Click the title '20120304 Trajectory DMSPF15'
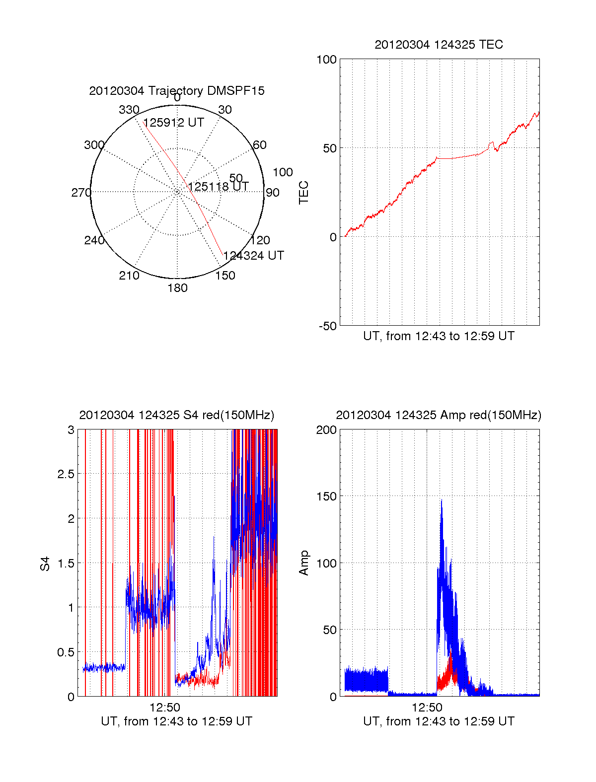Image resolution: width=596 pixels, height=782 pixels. (177, 91)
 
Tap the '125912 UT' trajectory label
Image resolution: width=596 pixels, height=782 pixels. (174, 123)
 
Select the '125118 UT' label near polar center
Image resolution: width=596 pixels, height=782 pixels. (219, 187)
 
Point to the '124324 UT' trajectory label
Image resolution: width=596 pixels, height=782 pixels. (254, 256)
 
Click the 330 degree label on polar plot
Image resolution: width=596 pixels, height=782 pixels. (129, 110)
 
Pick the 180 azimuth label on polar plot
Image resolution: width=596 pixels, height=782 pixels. (177, 288)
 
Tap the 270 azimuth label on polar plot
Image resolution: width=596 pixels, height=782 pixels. (81, 193)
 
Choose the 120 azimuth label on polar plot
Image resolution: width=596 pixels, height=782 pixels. (260, 240)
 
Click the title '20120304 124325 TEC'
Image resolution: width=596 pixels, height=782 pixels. (439, 45)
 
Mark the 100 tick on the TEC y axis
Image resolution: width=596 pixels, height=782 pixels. (327, 60)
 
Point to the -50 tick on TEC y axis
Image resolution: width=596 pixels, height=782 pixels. (327, 326)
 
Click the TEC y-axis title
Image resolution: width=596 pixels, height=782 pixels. (303, 193)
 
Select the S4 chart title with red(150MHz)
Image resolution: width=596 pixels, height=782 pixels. (176, 415)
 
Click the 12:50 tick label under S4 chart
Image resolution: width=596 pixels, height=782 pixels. (165, 707)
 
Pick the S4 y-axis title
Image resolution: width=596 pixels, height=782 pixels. (45, 564)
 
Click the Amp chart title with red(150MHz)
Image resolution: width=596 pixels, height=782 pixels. (439, 415)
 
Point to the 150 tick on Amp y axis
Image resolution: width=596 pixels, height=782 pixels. (327, 497)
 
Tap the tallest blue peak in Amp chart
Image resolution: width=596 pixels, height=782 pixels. (441, 500)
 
